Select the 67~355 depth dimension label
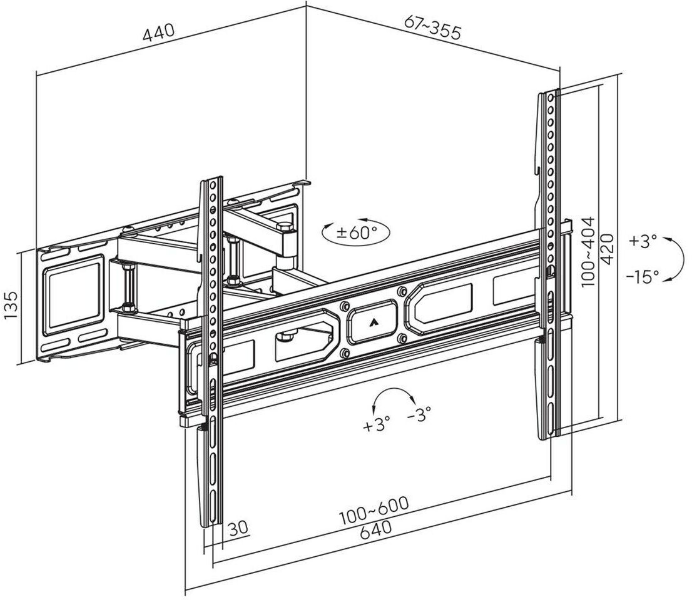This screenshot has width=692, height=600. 433,27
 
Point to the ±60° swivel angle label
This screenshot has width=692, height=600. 357,233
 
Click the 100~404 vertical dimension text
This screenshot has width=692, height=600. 589,251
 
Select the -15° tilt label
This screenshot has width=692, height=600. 644,276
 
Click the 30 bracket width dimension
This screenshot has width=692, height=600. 238,527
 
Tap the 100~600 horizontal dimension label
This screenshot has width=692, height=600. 374,511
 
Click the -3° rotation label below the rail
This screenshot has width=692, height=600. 418,414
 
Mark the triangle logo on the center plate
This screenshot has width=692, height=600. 374,322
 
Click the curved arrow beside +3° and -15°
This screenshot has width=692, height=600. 673,259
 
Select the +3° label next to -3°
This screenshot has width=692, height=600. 376,426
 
